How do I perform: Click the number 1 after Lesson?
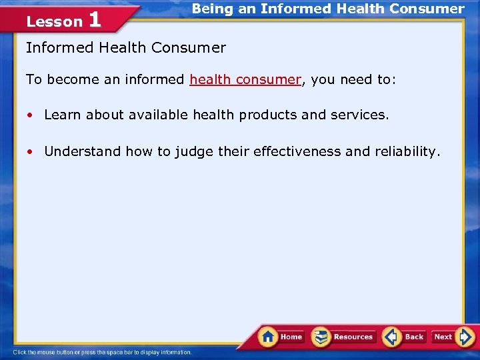coord(94,20)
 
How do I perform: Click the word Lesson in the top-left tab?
coord(54,22)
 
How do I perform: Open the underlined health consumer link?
coord(245,79)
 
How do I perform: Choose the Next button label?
coord(443,337)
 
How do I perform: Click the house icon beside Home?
coord(268,336)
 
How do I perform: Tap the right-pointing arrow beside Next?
coord(466,337)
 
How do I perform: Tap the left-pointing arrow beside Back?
coord(392,337)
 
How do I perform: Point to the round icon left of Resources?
coord(321,337)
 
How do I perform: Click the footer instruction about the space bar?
coord(102,352)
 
